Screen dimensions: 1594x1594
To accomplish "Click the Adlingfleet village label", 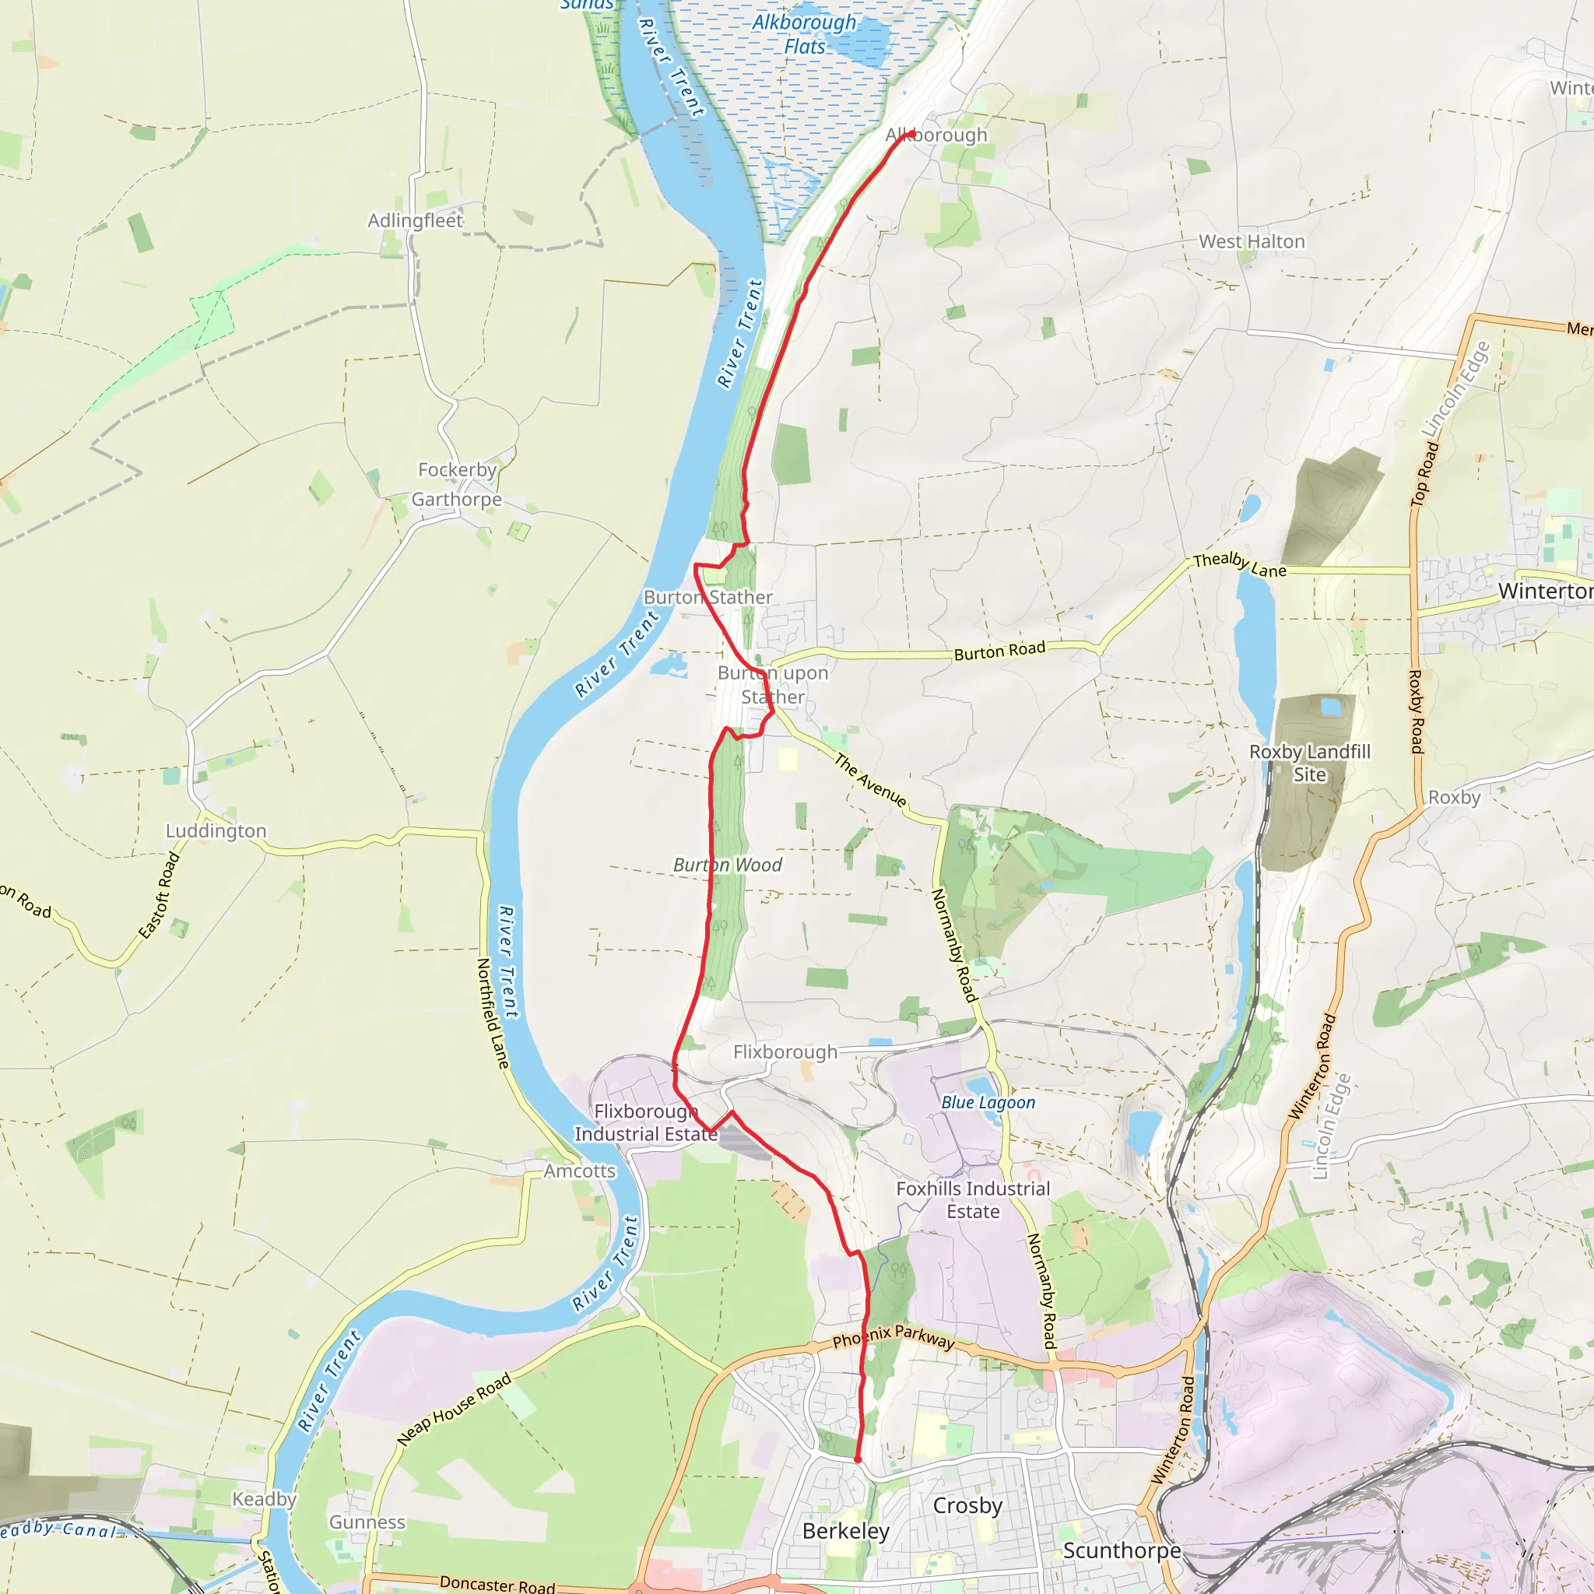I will point(415,220).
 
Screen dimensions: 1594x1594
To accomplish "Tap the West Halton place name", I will point(1252,242).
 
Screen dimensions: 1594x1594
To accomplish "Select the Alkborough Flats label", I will point(803,35).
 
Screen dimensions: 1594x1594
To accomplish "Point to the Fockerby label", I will point(457,469).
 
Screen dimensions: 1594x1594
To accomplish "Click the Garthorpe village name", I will point(456,499).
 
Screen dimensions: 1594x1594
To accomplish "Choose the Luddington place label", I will point(216,830).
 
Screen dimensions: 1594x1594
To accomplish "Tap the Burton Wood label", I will point(727,865).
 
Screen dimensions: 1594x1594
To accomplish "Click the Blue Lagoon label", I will point(988,1102).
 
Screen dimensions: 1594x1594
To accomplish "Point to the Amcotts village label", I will point(579,1171).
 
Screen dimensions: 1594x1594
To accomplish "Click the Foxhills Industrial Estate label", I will point(973,1199).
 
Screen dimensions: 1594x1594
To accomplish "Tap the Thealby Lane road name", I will point(1239,565).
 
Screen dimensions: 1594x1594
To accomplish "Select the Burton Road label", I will point(999,651).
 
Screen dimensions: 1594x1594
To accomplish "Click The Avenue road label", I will point(869,780).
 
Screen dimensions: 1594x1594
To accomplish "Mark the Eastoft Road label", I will point(160,896).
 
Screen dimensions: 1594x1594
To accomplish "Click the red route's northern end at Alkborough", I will point(911,135).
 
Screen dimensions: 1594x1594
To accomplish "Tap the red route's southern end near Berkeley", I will point(857,1459).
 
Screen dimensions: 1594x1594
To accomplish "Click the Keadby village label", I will point(264,1499).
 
